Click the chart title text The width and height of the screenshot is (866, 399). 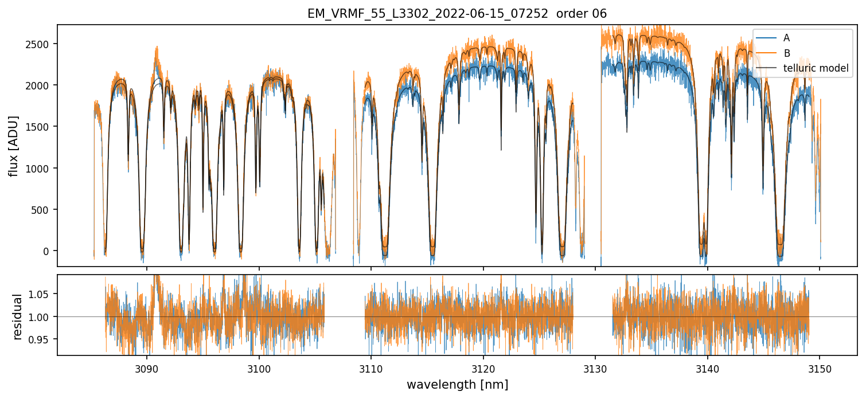(457, 14)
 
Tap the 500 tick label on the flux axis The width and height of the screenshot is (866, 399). (44, 210)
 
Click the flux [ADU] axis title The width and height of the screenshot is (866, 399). (13, 146)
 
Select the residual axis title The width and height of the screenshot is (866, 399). (18, 316)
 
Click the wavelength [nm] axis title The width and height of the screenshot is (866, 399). (457, 385)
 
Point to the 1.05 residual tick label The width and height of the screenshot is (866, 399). (41, 294)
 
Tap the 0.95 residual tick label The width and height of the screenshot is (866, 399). (41, 339)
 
